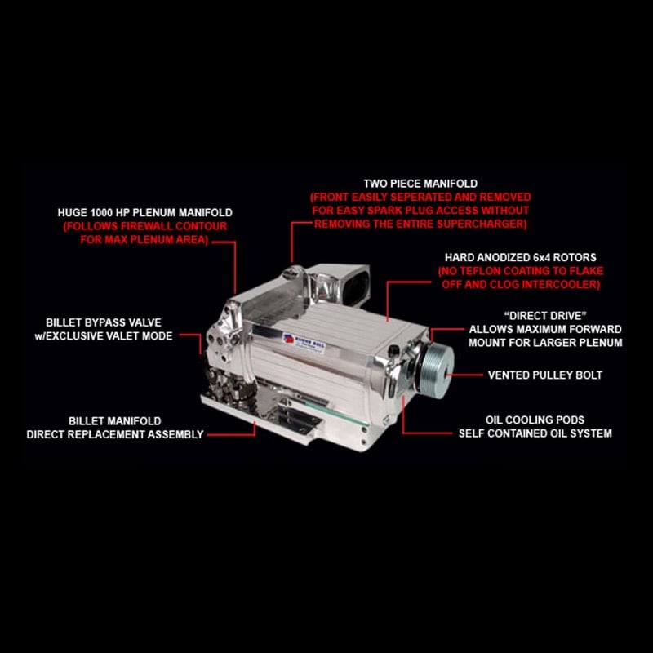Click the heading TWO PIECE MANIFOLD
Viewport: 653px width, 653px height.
tap(420, 184)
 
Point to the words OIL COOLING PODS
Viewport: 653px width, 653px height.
tap(535, 420)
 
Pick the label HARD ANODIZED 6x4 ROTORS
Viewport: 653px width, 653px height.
tap(520, 257)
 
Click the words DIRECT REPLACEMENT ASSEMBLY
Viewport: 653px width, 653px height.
tap(114, 434)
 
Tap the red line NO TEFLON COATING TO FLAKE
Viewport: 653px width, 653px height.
tap(520, 271)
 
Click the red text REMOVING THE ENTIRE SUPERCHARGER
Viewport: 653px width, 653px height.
tap(420, 223)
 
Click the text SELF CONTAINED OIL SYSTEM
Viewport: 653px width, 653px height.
tap(535, 433)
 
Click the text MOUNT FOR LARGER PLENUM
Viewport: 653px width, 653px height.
tap(547, 342)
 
